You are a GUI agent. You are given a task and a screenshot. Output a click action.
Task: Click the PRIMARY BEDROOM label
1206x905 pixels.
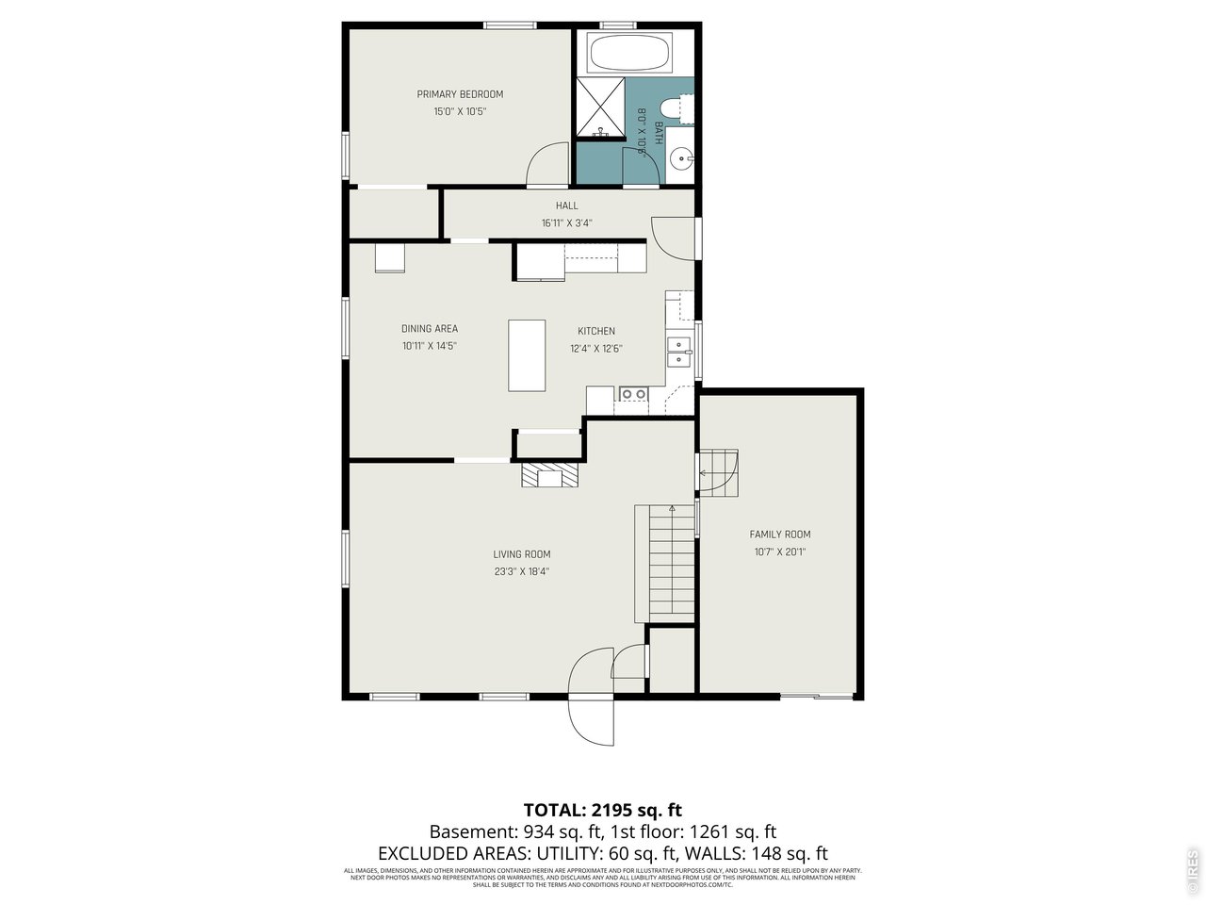[460, 94]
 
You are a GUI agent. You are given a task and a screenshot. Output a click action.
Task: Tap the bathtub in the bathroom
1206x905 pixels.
[629, 53]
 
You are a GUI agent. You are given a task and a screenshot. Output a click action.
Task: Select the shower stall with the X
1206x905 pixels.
[599, 108]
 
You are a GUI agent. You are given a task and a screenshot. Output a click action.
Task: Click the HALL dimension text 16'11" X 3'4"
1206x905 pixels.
[566, 223]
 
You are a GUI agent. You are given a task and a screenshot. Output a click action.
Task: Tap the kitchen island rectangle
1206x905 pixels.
[527, 355]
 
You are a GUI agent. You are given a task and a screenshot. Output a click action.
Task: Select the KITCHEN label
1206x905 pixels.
[595, 331]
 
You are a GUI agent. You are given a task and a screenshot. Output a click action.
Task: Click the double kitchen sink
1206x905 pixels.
[678, 351]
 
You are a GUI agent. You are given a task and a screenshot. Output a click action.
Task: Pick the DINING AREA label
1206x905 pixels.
[430, 329]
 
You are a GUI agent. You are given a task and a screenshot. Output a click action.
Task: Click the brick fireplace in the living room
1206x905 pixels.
[548, 476]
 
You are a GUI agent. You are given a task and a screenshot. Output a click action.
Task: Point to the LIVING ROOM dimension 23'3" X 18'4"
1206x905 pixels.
[521, 571]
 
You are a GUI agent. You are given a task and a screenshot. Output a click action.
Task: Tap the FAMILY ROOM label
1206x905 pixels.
[779, 535]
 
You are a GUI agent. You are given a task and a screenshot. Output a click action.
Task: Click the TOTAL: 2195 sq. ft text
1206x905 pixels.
[602, 810]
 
